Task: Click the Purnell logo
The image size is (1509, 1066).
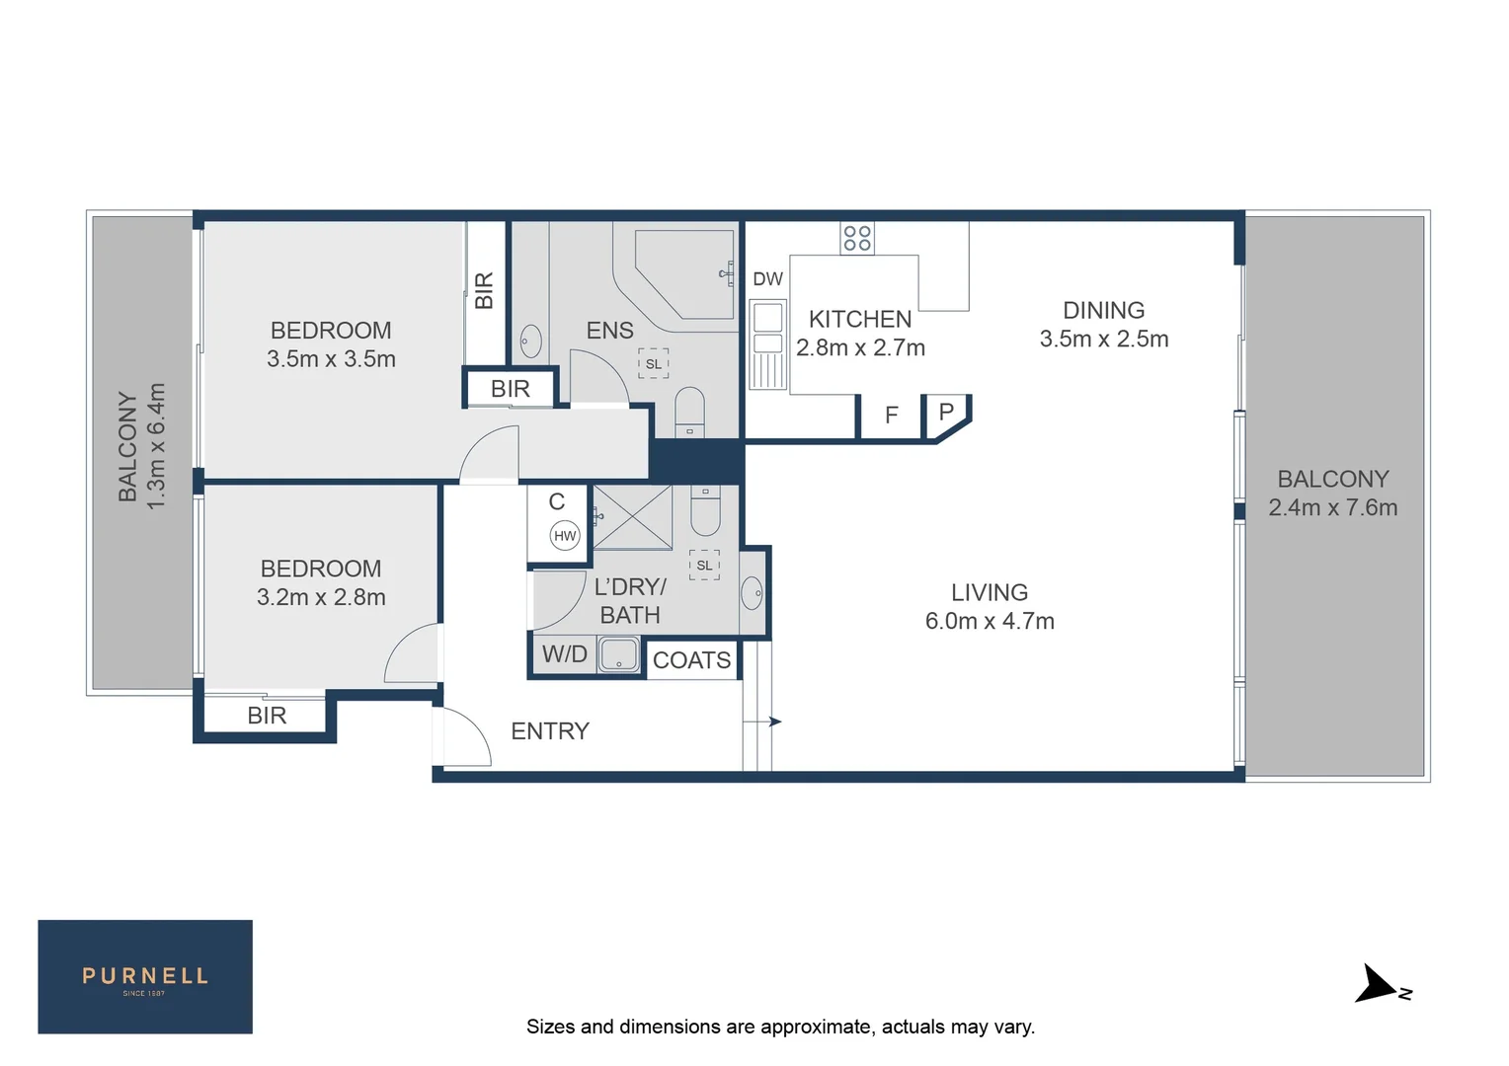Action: click(x=145, y=977)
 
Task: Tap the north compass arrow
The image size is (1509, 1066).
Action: click(x=1379, y=985)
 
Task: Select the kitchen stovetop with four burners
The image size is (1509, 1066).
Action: click(x=857, y=238)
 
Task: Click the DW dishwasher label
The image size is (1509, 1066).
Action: click(x=767, y=279)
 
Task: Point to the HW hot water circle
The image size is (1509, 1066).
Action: click(x=565, y=536)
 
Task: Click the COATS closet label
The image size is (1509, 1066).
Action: click(x=691, y=660)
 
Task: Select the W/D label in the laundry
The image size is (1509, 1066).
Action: click(x=565, y=654)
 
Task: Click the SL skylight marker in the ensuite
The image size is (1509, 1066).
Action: click(x=653, y=364)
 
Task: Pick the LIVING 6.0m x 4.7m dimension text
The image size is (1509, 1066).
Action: click(x=990, y=621)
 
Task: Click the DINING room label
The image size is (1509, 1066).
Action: click(x=1103, y=311)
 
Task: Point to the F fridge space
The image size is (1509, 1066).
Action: click(x=891, y=416)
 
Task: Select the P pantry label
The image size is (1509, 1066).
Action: click(x=946, y=412)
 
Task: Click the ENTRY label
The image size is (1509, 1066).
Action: click(x=550, y=731)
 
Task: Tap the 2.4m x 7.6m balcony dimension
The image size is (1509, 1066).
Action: click(x=1332, y=507)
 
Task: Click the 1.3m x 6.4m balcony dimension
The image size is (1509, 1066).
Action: click(x=156, y=446)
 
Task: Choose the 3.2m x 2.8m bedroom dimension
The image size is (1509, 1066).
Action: click(x=321, y=597)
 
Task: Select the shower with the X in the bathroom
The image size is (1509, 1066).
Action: click(x=632, y=517)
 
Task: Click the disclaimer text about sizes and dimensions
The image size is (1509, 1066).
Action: click(x=780, y=1027)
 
